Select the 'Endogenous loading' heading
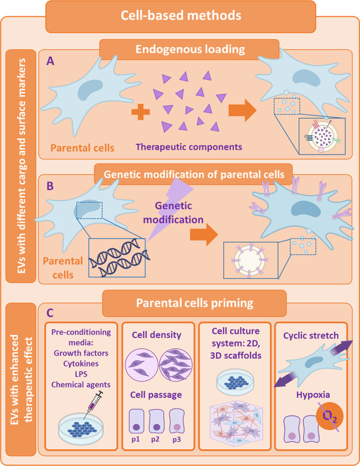(x=189, y=50)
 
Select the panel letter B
(x=50, y=186)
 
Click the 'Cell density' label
(x=159, y=336)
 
